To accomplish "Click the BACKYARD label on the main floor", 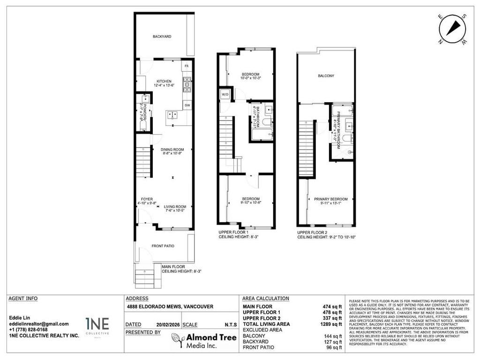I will [x=162, y=36].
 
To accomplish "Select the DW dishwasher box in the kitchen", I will [x=187, y=105].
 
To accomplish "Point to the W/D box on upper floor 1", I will [x=225, y=94].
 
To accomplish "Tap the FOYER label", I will [x=147, y=199].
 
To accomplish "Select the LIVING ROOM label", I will [x=175, y=207].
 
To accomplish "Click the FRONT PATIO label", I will [x=163, y=246].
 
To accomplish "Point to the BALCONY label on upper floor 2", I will [x=325, y=75].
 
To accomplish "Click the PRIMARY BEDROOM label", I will [x=327, y=199].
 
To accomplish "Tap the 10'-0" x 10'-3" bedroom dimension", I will [x=250, y=79].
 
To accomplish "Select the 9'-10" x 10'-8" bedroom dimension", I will [x=250, y=202].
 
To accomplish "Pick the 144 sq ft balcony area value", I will [x=333, y=336].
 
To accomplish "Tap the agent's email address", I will [x=39, y=324].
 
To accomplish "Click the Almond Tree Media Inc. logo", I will [x=202, y=341].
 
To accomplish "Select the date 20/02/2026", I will [x=167, y=324].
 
